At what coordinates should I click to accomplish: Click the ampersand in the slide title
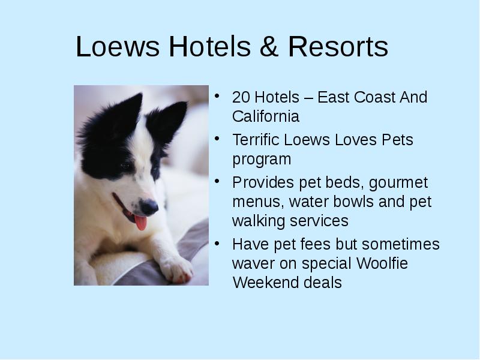269,46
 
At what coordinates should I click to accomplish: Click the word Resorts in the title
338,46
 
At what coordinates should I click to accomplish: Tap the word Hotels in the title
209,46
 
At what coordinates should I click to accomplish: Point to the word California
266,116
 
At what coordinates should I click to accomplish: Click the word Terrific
256,140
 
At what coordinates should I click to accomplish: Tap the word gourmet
398,184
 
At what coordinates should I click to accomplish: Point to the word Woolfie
382,263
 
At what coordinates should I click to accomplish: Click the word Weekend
265,282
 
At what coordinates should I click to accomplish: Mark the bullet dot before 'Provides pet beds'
217,181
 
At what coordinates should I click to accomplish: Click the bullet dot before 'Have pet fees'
217,244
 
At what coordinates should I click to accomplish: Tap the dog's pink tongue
140,222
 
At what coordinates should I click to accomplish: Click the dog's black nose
149,206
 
